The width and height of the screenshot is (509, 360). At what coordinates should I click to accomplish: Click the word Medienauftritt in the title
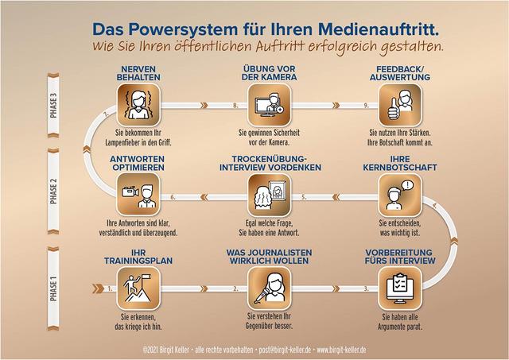point(375,29)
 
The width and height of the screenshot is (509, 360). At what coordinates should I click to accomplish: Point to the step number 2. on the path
point(235,288)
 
